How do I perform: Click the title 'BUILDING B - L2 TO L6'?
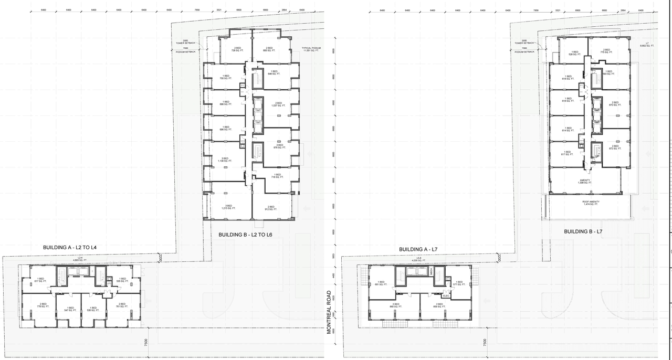tap(245, 235)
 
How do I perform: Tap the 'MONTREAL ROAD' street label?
tap(329, 312)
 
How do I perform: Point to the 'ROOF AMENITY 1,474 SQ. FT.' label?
tap(591, 203)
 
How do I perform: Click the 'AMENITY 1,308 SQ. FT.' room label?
tap(584, 181)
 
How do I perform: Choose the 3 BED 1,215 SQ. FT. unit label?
tap(228, 207)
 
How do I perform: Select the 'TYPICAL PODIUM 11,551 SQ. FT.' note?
tap(311, 49)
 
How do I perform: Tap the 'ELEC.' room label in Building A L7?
tap(446, 296)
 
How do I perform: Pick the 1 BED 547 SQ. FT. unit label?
tap(66, 310)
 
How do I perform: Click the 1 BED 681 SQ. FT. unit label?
tap(381, 284)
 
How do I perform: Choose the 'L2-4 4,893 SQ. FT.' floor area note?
tap(80, 259)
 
